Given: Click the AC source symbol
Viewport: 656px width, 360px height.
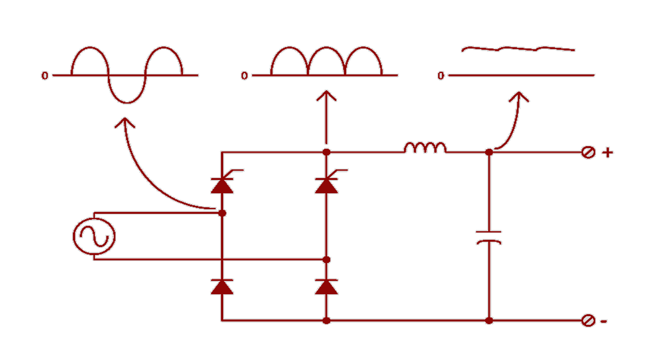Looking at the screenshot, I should [94, 237].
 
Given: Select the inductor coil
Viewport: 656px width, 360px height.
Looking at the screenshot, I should [425, 148].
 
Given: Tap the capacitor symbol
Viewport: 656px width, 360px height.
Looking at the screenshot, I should [489, 237].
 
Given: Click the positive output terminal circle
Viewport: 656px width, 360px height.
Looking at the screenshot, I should [588, 153].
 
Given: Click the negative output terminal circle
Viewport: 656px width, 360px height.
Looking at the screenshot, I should [588, 320].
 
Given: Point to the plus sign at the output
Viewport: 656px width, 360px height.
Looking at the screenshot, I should [607, 152].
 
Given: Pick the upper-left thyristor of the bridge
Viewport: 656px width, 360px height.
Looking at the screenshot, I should [222, 185].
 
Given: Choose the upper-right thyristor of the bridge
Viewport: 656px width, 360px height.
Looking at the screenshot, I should [326, 185].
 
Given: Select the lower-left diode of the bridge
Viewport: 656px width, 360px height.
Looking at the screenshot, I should [222, 286].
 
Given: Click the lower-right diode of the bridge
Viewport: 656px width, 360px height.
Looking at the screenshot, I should [326, 286].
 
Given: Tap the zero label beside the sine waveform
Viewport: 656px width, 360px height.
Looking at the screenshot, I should [44, 76].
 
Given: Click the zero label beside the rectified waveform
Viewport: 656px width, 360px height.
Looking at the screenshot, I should [244, 76].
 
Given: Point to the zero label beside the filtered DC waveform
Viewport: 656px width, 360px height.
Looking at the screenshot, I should [440, 76].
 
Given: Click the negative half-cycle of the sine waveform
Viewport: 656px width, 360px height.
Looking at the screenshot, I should [127, 93].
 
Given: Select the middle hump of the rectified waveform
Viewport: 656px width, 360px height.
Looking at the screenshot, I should [326, 58].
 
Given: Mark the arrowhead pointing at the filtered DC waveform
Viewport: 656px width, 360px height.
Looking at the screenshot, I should [519, 97].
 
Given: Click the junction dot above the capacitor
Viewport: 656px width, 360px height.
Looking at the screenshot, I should [489, 152].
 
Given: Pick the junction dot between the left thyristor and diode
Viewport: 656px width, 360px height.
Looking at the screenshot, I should [222, 212].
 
